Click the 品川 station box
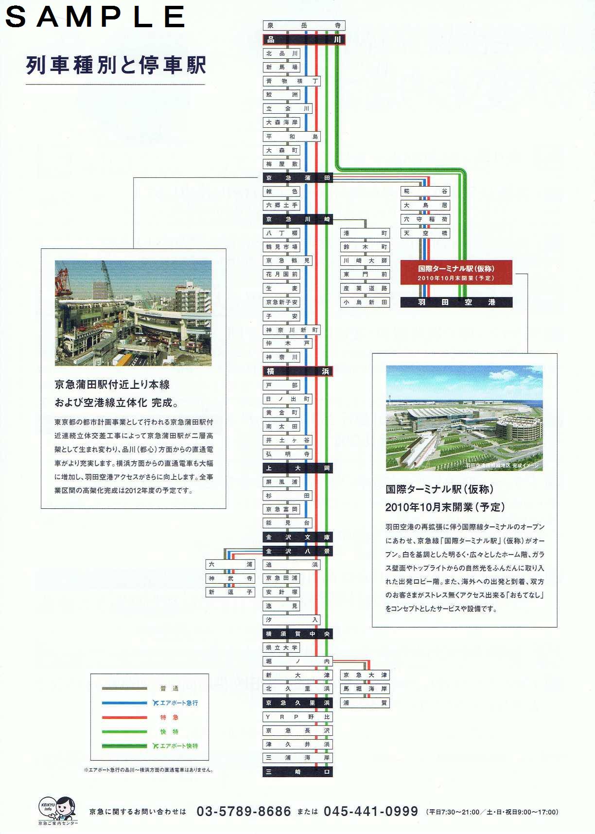(x=304, y=39)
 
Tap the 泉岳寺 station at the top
(x=304, y=25)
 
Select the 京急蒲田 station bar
(x=297, y=178)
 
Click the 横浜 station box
(x=297, y=371)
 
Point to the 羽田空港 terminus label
(x=456, y=302)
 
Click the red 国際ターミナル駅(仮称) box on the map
(x=456, y=273)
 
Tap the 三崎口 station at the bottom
(x=297, y=772)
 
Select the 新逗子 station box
(x=230, y=592)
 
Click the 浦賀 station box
(x=365, y=703)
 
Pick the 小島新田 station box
(x=365, y=302)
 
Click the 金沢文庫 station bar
(x=297, y=537)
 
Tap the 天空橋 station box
(x=425, y=233)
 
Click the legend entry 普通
(x=169, y=688)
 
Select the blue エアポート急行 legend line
(x=124, y=703)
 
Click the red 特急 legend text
(x=169, y=717)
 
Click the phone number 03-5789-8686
(x=244, y=811)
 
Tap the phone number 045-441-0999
(x=371, y=811)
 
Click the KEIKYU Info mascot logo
(x=58, y=810)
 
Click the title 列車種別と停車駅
(x=116, y=65)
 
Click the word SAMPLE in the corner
(x=95, y=17)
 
